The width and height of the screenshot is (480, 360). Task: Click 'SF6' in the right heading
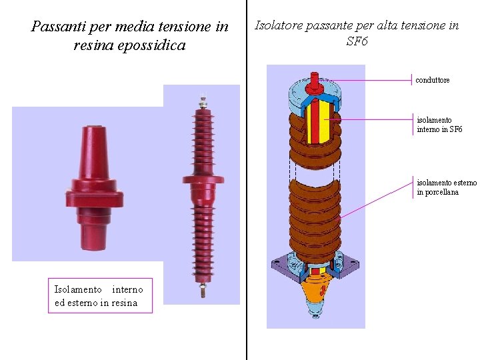[357, 42]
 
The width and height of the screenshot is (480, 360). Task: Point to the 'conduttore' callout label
[433, 80]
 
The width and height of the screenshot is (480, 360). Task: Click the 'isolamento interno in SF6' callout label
[439, 125]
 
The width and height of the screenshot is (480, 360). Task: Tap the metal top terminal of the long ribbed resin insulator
[203, 103]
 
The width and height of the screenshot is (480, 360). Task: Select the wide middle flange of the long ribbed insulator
[203, 179]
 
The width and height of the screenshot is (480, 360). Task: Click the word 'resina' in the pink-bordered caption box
[125, 303]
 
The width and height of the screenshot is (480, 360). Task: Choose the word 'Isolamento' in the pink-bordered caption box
[78, 289]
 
